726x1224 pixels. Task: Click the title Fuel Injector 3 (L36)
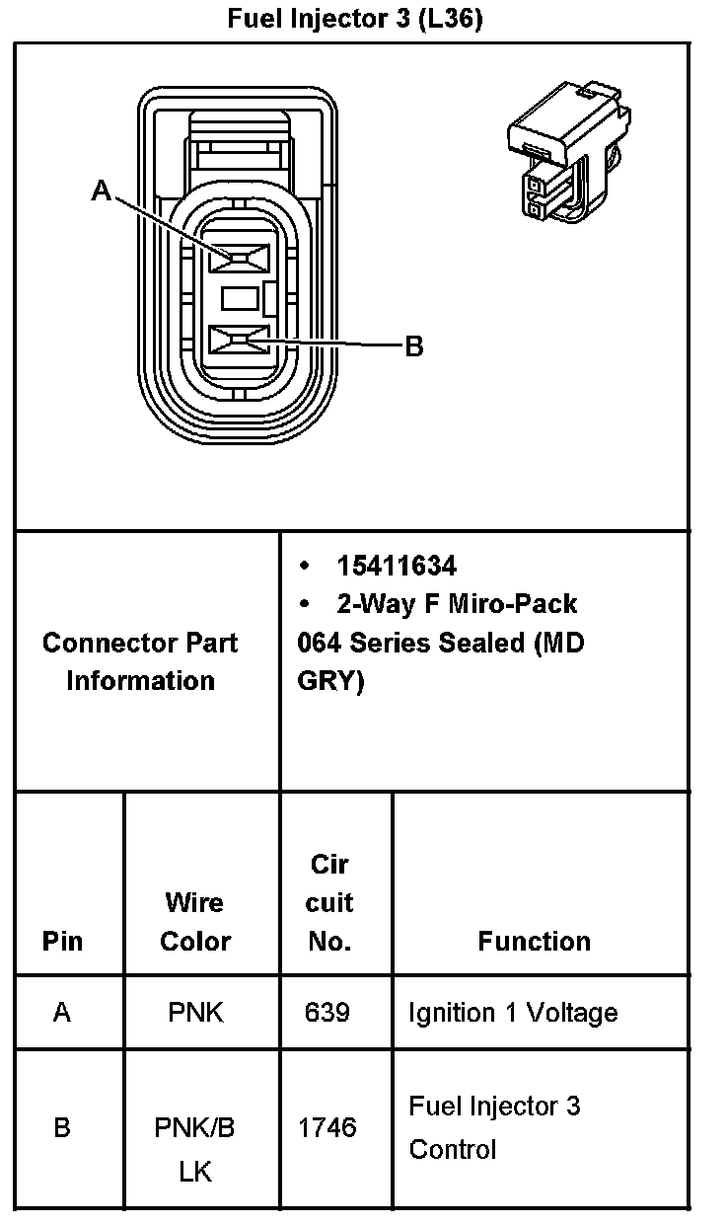tap(355, 19)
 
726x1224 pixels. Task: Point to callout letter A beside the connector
tap(101, 191)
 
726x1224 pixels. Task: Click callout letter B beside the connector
tap(414, 345)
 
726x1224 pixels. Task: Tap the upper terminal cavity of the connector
tap(241, 259)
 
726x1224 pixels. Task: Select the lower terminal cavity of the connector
tap(241, 343)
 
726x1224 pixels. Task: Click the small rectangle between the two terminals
tap(241, 298)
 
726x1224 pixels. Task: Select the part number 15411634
tap(397, 566)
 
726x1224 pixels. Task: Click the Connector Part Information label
tap(140, 661)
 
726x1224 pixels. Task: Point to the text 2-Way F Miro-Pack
tap(456, 603)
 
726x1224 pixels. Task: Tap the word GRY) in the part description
tap(330, 682)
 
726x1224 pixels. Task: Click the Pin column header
tap(62, 941)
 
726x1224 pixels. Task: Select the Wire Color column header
tap(195, 921)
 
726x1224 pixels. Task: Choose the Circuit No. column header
tap(329, 902)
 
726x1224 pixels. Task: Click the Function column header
tap(534, 941)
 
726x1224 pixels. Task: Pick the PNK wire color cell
tap(195, 1013)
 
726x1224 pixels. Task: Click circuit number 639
tap(327, 1013)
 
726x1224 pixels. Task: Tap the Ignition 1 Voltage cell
tap(513, 1013)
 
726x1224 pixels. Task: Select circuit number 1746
tap(327, 1127)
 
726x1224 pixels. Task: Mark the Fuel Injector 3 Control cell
tap(494, 1127)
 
